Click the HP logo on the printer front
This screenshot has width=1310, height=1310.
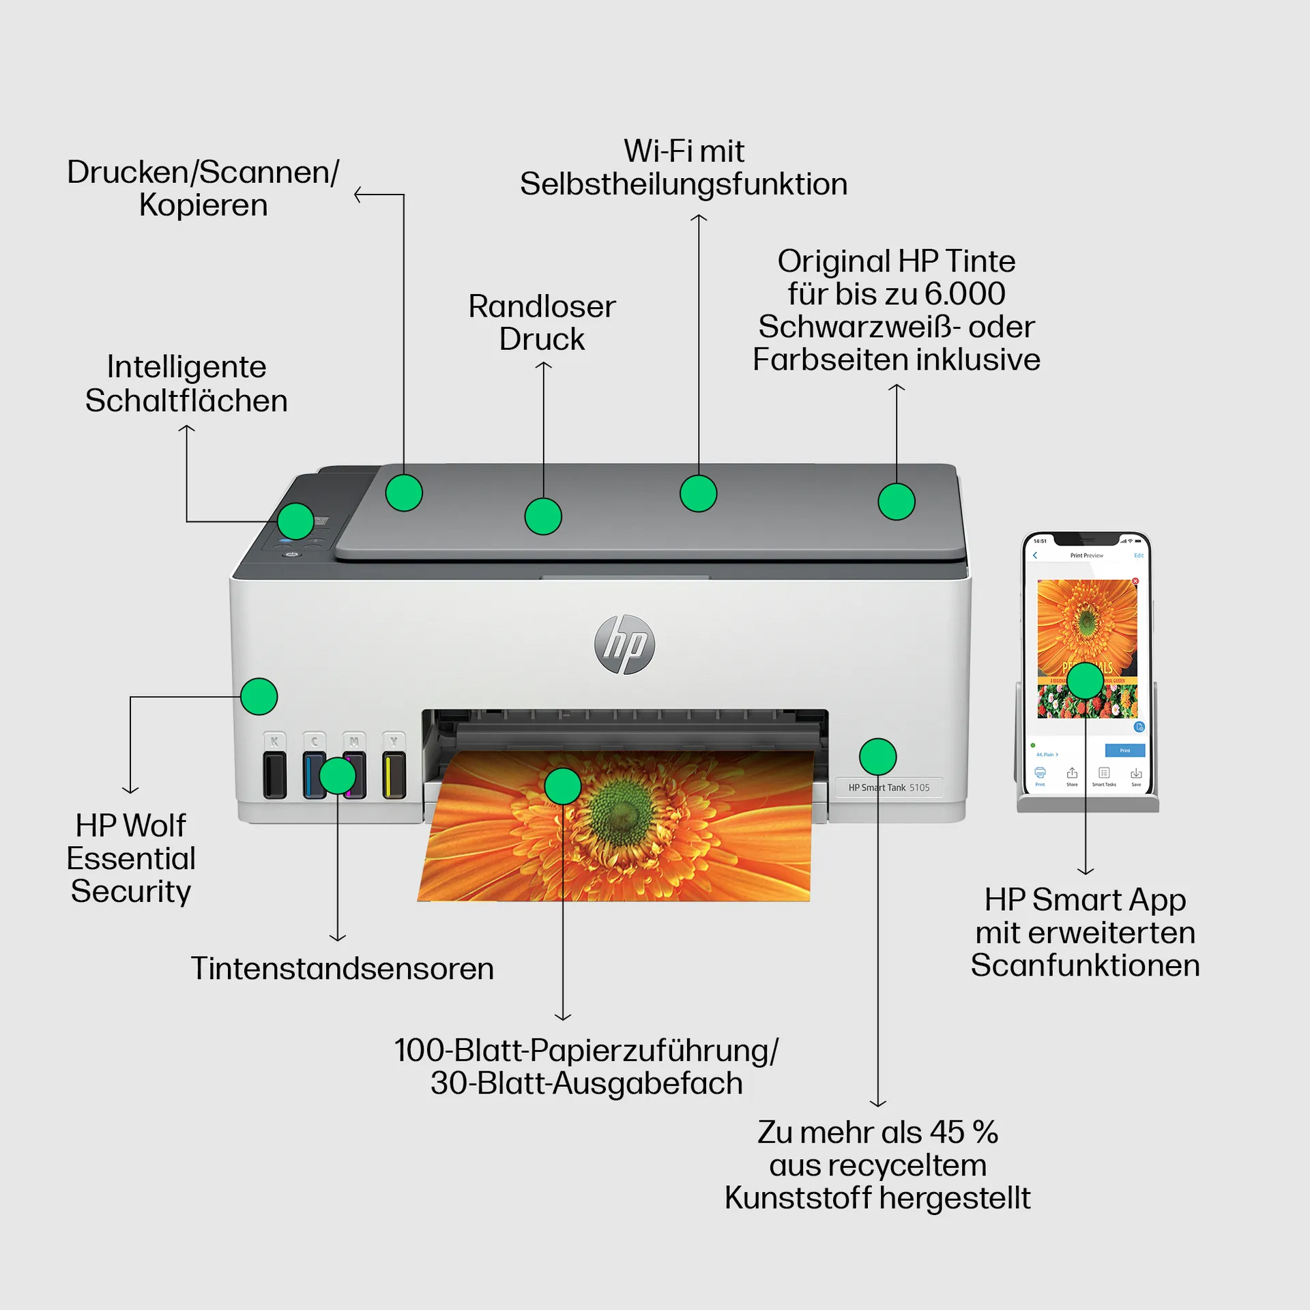pos(624,645)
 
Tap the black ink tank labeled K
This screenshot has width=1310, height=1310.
pos(274,774)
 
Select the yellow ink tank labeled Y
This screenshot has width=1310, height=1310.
pos(394,774)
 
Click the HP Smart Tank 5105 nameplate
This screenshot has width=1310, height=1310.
pos(888,787)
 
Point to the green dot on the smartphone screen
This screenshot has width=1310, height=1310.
pos(1085,680)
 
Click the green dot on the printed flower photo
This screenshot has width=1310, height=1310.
pos(563,786)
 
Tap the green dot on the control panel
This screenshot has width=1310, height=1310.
pos(295,521)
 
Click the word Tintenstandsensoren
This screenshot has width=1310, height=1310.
pos(342,969)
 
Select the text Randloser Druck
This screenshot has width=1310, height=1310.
pos(542,323)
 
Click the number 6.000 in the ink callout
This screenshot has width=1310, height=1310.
pos(965,294)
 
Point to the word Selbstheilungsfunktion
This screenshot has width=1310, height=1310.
pos(684,184)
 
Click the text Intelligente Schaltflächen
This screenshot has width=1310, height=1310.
pos(186,383)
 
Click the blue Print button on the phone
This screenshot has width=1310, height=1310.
pos(1124,751)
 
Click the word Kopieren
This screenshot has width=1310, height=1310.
pos(203,205)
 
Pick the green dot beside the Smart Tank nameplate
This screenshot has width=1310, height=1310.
pos(877,757)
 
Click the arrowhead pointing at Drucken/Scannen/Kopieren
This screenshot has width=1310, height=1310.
pos(358,195)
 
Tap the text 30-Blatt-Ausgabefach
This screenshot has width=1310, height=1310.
pos(586,1083)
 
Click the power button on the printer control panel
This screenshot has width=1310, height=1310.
pos(291,555)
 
